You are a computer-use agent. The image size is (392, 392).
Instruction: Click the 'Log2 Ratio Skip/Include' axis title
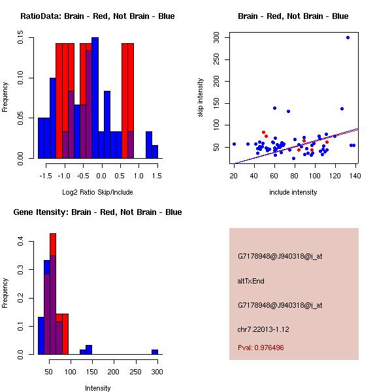coord(97,191)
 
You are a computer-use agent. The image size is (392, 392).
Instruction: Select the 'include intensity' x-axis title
coord(294,192)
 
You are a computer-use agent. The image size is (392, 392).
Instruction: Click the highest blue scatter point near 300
coord(348,37)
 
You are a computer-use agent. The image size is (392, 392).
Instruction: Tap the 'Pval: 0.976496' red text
coord(261,348)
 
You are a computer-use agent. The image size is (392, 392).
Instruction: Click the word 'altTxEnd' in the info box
coord(251,281)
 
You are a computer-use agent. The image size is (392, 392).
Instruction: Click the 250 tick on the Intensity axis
coord(135,372)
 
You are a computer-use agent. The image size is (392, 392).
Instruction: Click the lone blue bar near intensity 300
coord(155,351)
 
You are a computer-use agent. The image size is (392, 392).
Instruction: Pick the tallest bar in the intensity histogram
coord(53,294)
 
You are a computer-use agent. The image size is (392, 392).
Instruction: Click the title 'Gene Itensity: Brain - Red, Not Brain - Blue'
coord(97,212)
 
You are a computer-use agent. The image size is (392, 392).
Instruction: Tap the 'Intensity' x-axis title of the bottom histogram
coord(97,388)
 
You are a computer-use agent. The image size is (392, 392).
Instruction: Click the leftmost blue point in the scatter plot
coord(234,144)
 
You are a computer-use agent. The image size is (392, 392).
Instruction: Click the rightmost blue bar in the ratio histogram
coord(155,152)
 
